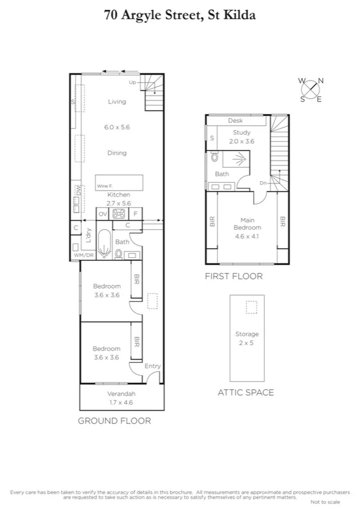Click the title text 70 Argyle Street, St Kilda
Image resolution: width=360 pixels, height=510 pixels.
[179, 15]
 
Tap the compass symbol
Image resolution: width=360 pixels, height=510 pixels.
[311, 89]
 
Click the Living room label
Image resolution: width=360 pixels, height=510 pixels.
[117, 102]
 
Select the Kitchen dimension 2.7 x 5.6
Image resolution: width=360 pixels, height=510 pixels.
[118, 203]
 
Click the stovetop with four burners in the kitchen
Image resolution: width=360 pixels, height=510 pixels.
[118, 214]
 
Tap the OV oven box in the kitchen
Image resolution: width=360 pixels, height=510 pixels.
[102, 214]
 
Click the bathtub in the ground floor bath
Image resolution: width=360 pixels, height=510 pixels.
[105, 244]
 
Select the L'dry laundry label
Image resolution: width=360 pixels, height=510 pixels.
[88, 236]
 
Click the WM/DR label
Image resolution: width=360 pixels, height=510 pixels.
[84, 256]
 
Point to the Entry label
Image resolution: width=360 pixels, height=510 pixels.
[153, 366]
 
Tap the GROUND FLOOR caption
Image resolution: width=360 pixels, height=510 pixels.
[114, 420]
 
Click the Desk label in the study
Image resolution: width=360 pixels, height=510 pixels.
[235, 121]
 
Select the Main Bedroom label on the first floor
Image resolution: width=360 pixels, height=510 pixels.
[246, 224]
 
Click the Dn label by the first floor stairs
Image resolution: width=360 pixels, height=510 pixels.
[263, 182]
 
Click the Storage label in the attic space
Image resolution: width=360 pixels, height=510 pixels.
[246, 334]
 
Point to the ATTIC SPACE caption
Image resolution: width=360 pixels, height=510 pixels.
[245, 393]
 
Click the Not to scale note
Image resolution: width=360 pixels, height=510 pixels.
[325, 502]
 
